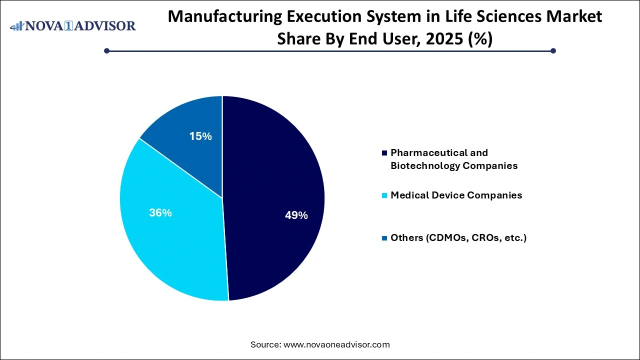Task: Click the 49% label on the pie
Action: [x=296, y=215]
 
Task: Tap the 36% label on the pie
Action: [x=160, y=212]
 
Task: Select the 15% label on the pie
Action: [x=200, y=136]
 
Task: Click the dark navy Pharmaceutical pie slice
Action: [x=270, y=165]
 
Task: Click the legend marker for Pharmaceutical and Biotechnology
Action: [x=384, y=152]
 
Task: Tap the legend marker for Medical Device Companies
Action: [x=384, y=195]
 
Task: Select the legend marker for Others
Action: [x=384, y=238]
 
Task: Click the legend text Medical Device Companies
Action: [x=456, y=195]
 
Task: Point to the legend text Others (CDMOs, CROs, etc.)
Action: [x=458, y=237]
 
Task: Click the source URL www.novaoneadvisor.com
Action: [x=336, y=344]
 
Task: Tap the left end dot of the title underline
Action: [x=106, y=50]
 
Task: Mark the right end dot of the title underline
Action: [x=553, y=50]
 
